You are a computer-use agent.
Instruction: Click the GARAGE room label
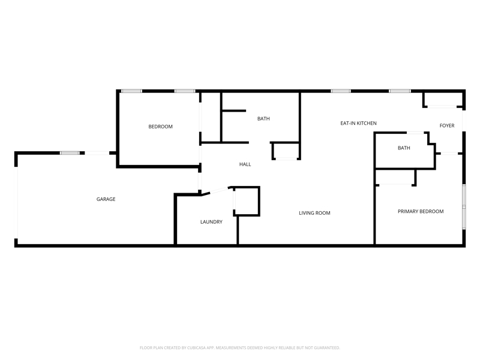(x=106, y=199)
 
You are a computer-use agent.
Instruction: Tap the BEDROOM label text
(x=160, y=127)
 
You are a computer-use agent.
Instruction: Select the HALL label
(x=245, y=164)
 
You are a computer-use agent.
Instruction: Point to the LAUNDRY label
(x=211, y=222)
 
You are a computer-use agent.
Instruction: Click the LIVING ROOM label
(x=314, y=213)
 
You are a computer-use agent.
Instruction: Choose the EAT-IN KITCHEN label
(x=358, y=124)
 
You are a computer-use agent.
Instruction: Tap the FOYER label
(x=447, y=125)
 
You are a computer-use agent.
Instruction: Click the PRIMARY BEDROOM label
(x=421, y=212)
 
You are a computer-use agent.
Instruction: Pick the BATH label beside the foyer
(x=404, y=148)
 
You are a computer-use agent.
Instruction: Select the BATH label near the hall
(x=263, y=119)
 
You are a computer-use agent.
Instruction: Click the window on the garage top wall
(x=70, y=153)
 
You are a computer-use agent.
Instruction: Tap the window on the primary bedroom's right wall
(x=464, y=206)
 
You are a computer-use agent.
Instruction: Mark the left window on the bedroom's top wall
(x=131, y=91)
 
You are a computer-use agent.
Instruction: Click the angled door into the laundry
(x=215, y=190)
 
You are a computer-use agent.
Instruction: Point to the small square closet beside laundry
(x=247, y=201)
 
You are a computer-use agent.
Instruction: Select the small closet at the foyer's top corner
(x=443, y=100)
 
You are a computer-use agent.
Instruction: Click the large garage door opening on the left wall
(x=16, y=203)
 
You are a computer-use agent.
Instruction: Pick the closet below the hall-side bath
(x=286, y=151)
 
